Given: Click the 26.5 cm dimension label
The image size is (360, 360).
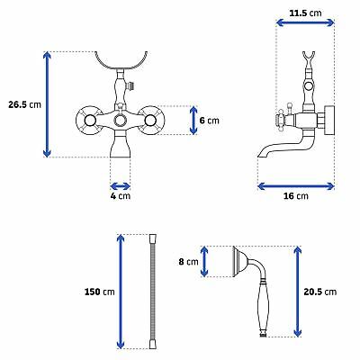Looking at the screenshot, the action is pyautogui.click(x=24, y=104).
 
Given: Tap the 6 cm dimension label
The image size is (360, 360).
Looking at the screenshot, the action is pyautogui.click(x=210, y=121).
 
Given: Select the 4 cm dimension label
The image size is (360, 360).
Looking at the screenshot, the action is pyautogui.click(x=121, y=196).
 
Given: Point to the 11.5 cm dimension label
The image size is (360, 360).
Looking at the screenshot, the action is pyautogui.click(x=305, y=13).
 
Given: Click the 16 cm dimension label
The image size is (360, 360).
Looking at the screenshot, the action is pyautogui.click(x=296, y=196).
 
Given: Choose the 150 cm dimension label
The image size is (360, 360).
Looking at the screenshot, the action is pyautogui.click(x=100, y=292).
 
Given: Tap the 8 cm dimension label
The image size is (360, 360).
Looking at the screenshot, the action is pyautogui.click(x=188, y=262).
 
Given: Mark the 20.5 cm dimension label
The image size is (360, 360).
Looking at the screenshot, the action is pyautogui.click(x=320, y=292).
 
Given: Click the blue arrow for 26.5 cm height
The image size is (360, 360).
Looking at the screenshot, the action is pyautogui.click(x=47, y=104).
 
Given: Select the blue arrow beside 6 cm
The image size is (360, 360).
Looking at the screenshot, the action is pyautogui.click(x=193, y=121).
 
